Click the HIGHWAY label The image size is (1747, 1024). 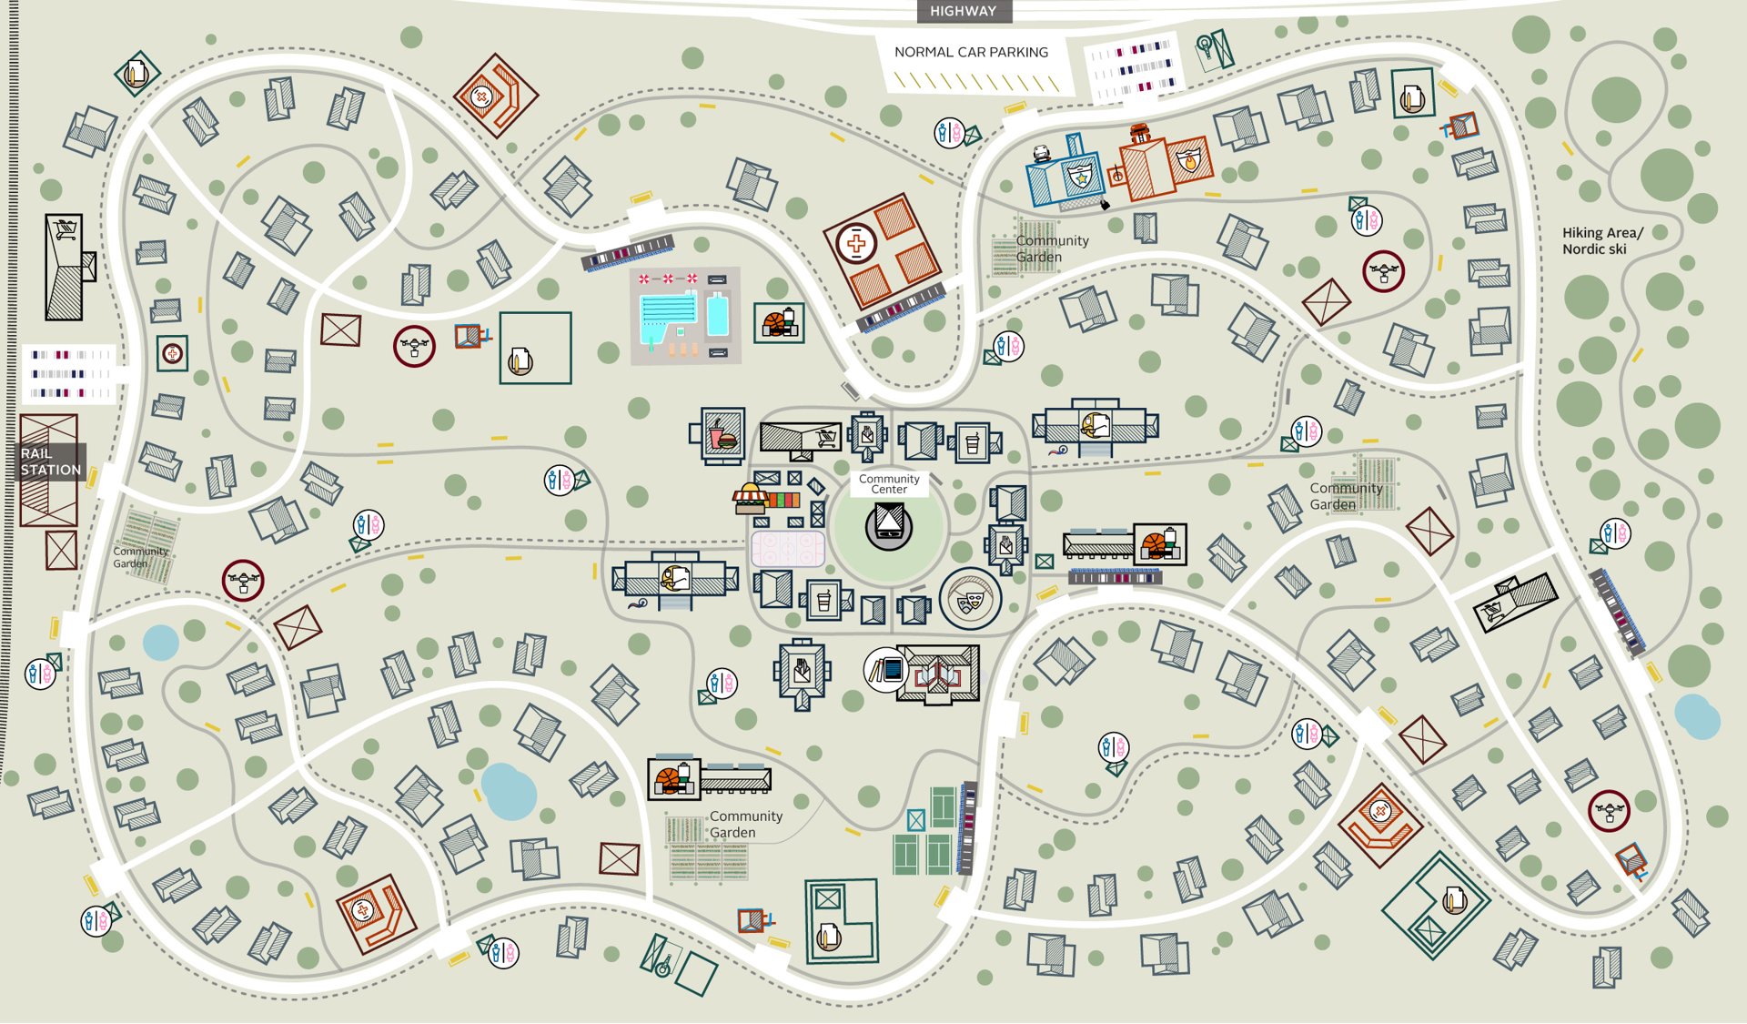point(963,11)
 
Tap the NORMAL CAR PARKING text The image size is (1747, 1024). point(971,52)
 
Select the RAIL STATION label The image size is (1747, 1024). point(51,461)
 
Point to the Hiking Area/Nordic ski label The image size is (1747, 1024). point(1602,240)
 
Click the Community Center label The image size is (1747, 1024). point(889,483)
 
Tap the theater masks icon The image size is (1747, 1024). point(970,599)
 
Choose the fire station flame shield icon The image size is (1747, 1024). point(1189,160)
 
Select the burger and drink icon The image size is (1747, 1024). point(722,436)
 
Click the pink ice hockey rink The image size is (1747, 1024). point(788,549)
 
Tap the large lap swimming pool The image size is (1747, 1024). point(668,315)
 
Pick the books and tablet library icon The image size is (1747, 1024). point(886,671)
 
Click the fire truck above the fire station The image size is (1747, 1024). point(1140,133)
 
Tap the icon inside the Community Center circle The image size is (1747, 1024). point(889,525)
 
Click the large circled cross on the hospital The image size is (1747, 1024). point(855,243)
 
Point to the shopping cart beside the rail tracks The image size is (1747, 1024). point(66,230)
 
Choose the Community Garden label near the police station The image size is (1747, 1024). point(1052,248)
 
